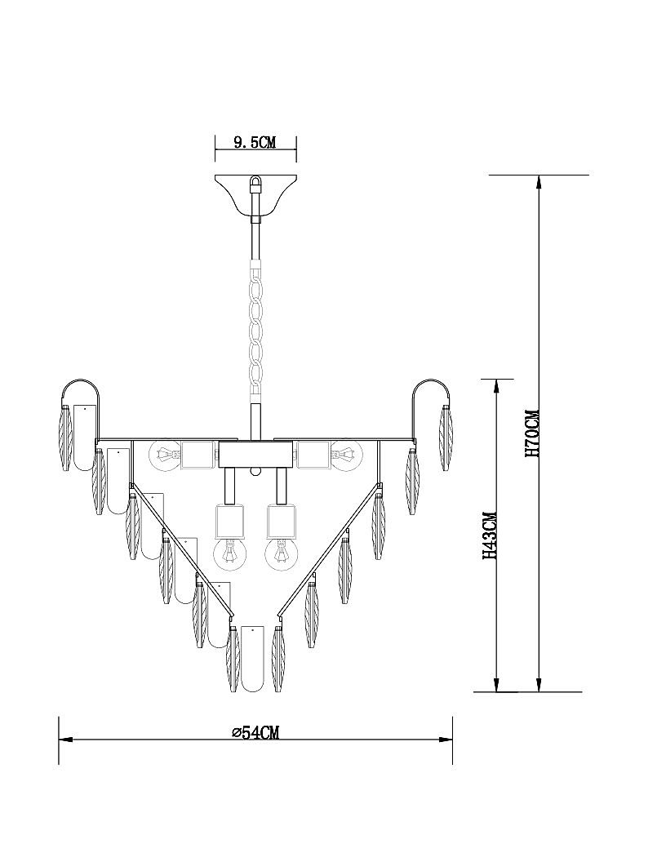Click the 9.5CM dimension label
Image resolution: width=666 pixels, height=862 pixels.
255,143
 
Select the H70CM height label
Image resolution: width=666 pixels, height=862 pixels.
533,433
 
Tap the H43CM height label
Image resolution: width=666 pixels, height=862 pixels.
490,536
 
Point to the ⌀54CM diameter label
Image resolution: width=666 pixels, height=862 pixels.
255,732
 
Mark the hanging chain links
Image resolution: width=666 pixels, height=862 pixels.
255,330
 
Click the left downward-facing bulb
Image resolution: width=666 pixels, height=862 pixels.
229,554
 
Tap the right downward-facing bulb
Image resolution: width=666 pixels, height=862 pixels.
282,554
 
